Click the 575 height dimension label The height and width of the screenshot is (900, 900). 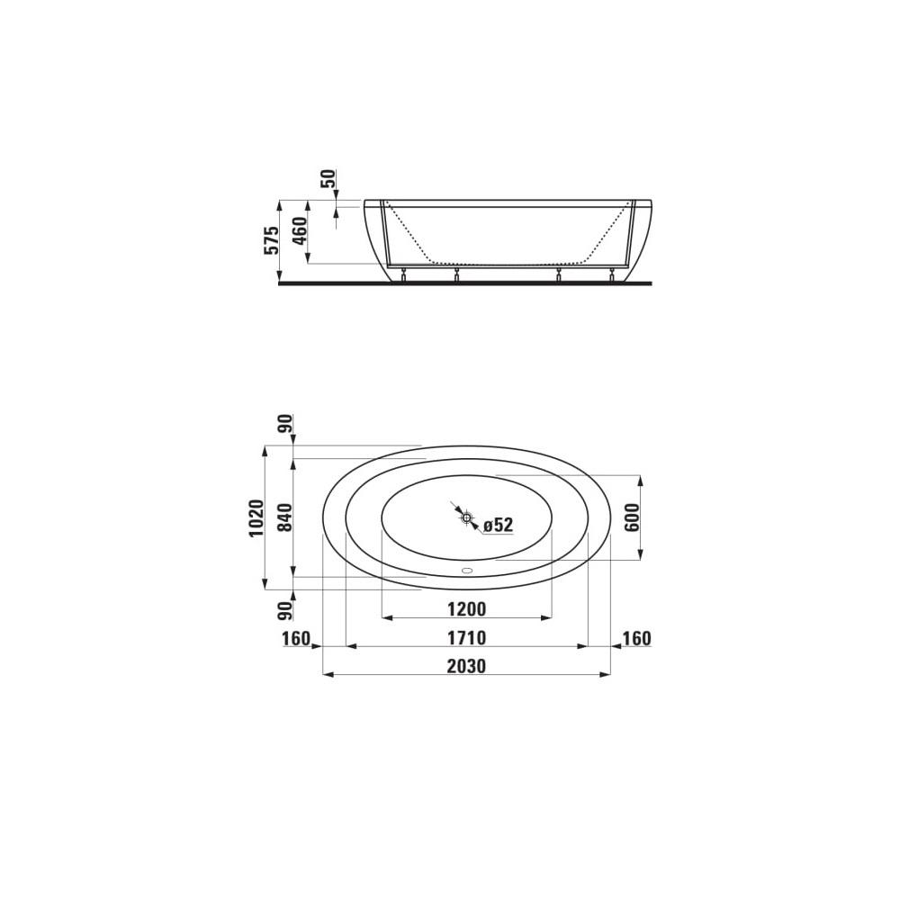(270, 240)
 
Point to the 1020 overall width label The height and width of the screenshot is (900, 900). (256, 517)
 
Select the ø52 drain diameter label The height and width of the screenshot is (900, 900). (498, 526)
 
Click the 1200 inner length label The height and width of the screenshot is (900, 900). (467, 609)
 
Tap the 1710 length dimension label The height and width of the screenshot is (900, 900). (467, 638)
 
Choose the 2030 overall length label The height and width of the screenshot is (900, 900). (467, 667)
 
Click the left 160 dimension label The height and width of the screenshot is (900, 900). (295, 638)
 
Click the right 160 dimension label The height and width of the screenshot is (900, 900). (636, 638)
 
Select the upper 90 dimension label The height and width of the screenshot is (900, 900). (284, 425)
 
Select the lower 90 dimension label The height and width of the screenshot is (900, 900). (284, 611)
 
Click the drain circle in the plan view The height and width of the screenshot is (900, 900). (466, 517)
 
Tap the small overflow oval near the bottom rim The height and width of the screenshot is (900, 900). (466, 570)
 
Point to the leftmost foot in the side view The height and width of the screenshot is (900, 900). (403, 275)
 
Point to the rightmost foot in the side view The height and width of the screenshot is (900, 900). (612, 275)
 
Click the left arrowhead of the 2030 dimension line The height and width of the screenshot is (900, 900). (327, 674)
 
